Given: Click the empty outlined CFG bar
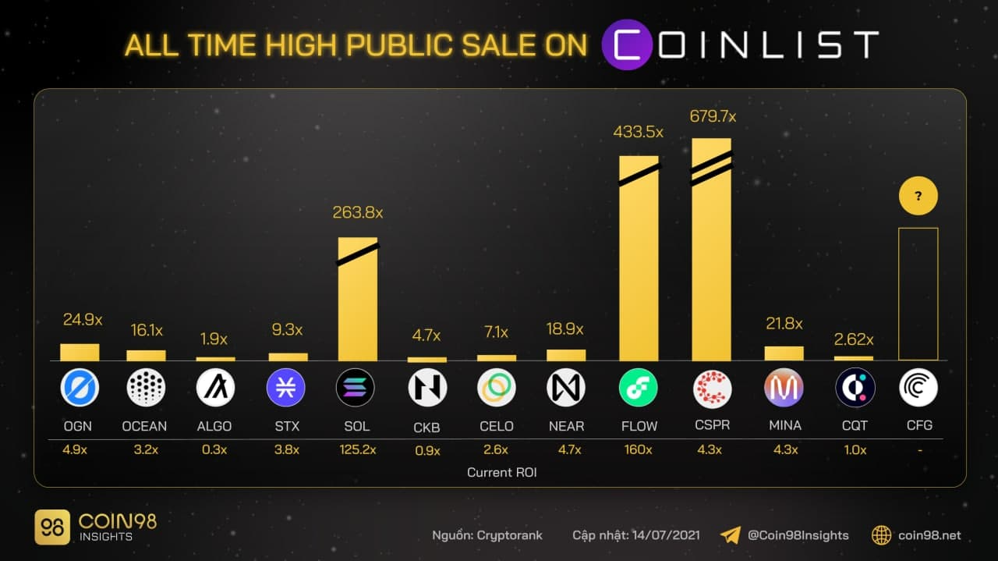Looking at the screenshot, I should [x=918, y=294].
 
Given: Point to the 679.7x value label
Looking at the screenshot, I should [x=713, y=116].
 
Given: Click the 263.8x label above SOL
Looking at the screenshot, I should [x=358, y=211].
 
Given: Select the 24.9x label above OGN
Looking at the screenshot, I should [x=82, y=319].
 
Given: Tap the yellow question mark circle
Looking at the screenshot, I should [x=918, y=196].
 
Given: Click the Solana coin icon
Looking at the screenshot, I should [x=356, y=387].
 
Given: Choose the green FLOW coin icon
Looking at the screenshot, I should [x=639, y=387].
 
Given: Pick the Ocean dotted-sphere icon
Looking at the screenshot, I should [x=146, y=387].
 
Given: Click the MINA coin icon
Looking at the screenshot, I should [x=784, y=387].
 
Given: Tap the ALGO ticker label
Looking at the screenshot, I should [x=214, y=426].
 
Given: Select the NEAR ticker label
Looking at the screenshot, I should [x=566, y=426].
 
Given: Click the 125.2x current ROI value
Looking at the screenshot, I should [x=358, y=449].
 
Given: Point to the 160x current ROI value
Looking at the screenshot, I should [x=638, y=449].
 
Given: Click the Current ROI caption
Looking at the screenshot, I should [x=502, y=472].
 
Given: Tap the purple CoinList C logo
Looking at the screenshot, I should [x=628, y=45].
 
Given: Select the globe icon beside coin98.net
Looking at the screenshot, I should [x=881, y=535].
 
